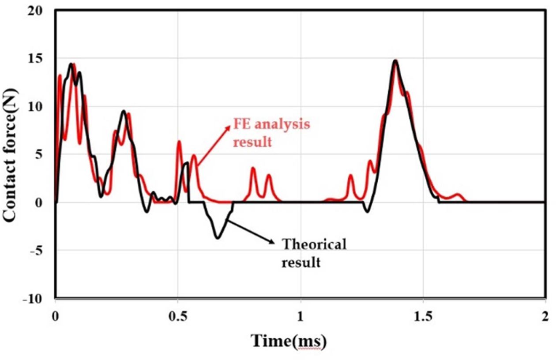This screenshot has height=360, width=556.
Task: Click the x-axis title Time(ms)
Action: click(x=289, y=341)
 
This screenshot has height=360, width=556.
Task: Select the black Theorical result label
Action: click(x=314, y=253)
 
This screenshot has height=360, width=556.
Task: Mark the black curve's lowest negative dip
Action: click(x=218, y=238)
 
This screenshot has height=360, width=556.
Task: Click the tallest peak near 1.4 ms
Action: click(x=395, y=61)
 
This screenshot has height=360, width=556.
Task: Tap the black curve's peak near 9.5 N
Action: click(x=124, y=111)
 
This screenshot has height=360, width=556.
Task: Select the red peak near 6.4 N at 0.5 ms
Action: click(x=179, y=141)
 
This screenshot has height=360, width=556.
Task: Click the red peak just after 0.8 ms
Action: click(x=253, y=168)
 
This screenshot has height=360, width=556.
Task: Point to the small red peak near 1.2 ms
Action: click(x=351, y=176)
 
